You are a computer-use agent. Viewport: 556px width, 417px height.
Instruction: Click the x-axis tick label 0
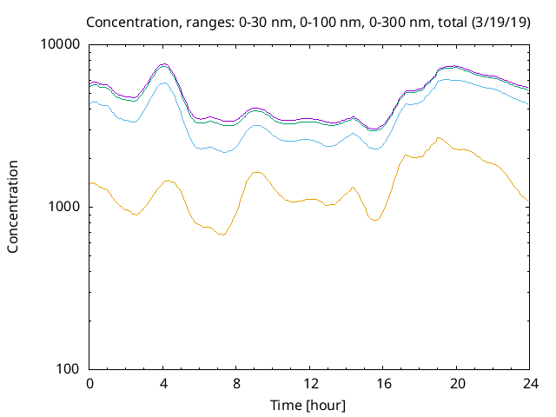89,383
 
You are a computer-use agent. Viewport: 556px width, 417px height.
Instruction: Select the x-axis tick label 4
162,383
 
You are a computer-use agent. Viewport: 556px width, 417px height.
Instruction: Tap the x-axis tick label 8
235,383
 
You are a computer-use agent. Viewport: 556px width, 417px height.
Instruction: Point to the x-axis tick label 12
308,383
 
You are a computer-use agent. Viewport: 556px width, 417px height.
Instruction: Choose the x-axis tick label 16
382,383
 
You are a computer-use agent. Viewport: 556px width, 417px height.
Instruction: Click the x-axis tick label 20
455,383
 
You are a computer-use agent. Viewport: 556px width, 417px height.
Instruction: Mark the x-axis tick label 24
528,383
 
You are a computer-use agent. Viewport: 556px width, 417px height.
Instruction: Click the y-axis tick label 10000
61,44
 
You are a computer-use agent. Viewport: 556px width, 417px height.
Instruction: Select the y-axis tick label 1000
64,207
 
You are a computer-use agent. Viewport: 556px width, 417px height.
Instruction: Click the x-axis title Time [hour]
308,405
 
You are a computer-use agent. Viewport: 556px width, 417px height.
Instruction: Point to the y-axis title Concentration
13,207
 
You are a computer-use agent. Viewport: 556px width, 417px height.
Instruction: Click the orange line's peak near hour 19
438,137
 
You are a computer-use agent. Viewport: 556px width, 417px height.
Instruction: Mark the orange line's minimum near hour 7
222,235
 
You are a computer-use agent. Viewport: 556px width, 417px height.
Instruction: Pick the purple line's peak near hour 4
163,64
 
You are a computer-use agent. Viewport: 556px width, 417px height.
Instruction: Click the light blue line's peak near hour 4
163,83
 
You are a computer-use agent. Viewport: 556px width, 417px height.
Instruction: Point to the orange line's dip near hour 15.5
374,220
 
